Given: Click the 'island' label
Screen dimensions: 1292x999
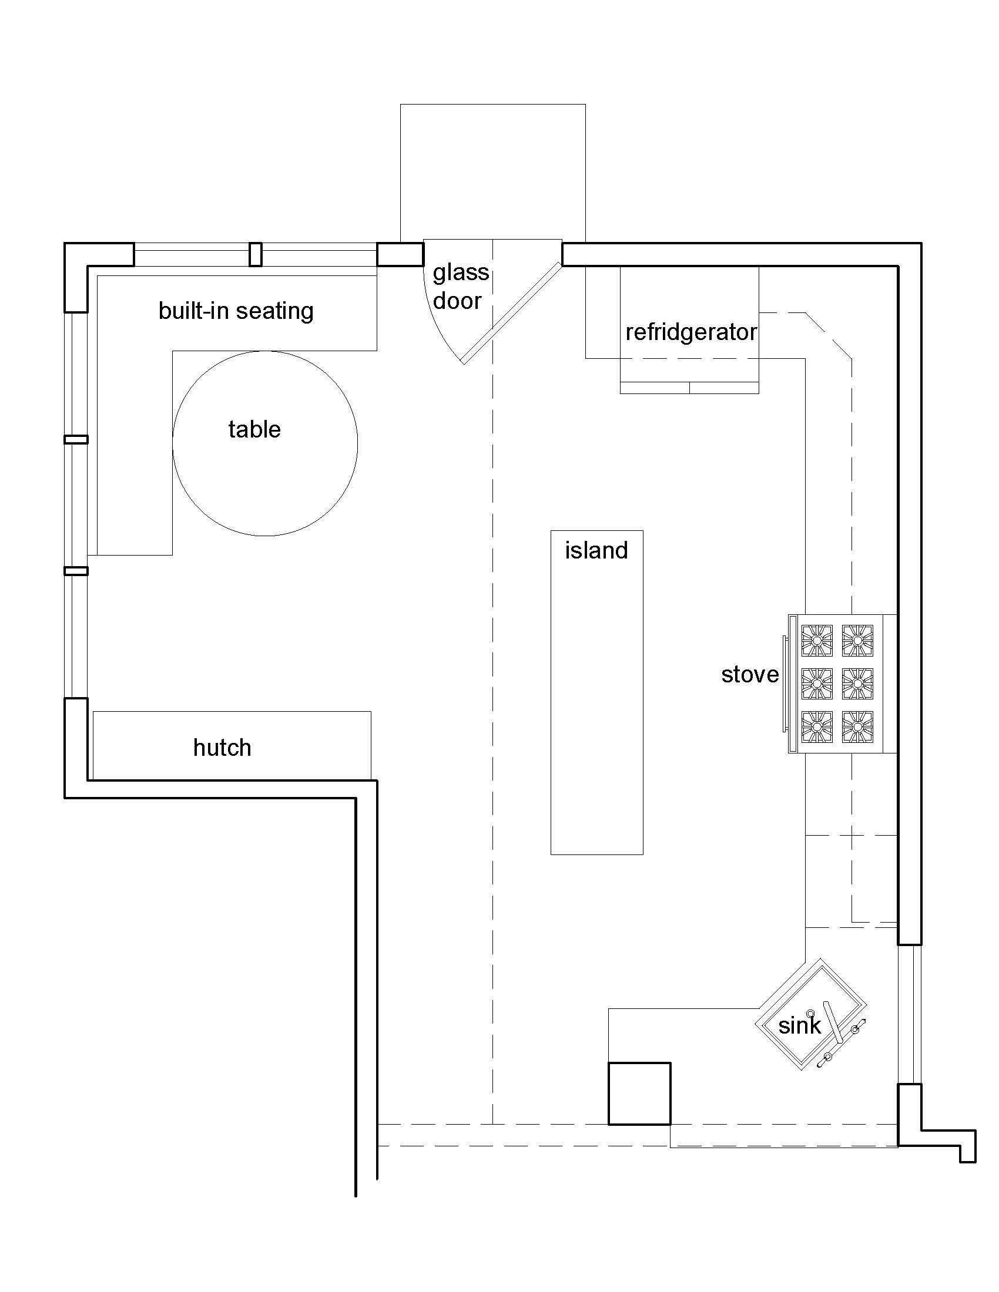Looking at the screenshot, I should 596,551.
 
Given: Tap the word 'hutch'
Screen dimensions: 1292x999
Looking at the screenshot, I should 222,748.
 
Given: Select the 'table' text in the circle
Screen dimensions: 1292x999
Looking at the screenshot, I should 254,429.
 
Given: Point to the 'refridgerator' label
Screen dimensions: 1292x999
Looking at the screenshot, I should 690,332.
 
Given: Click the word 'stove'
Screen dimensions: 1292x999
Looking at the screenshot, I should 750,675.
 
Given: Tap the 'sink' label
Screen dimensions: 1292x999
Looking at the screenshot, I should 799,1026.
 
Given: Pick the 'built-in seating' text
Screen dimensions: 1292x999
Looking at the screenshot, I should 236,311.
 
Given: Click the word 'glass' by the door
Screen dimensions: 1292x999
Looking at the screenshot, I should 461,272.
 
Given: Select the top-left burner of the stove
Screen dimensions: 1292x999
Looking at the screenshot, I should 817,641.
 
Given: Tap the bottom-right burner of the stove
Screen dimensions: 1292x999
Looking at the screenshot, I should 857,727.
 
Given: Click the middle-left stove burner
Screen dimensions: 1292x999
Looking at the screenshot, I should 817,684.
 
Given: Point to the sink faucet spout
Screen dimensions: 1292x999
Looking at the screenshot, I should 834,1022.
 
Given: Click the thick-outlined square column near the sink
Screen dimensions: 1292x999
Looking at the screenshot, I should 639,1094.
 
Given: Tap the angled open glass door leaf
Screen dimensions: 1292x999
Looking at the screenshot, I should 511,314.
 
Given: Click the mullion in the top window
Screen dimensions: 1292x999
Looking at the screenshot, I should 255,254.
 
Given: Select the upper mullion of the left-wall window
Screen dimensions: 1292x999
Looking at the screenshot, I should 76,439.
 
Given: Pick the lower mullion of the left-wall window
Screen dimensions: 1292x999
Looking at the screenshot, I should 76,571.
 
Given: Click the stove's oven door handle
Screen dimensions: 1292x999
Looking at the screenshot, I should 785,684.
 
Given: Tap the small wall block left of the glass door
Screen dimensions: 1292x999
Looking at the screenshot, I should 400,254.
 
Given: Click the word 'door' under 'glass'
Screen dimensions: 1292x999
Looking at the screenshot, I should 457,301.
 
